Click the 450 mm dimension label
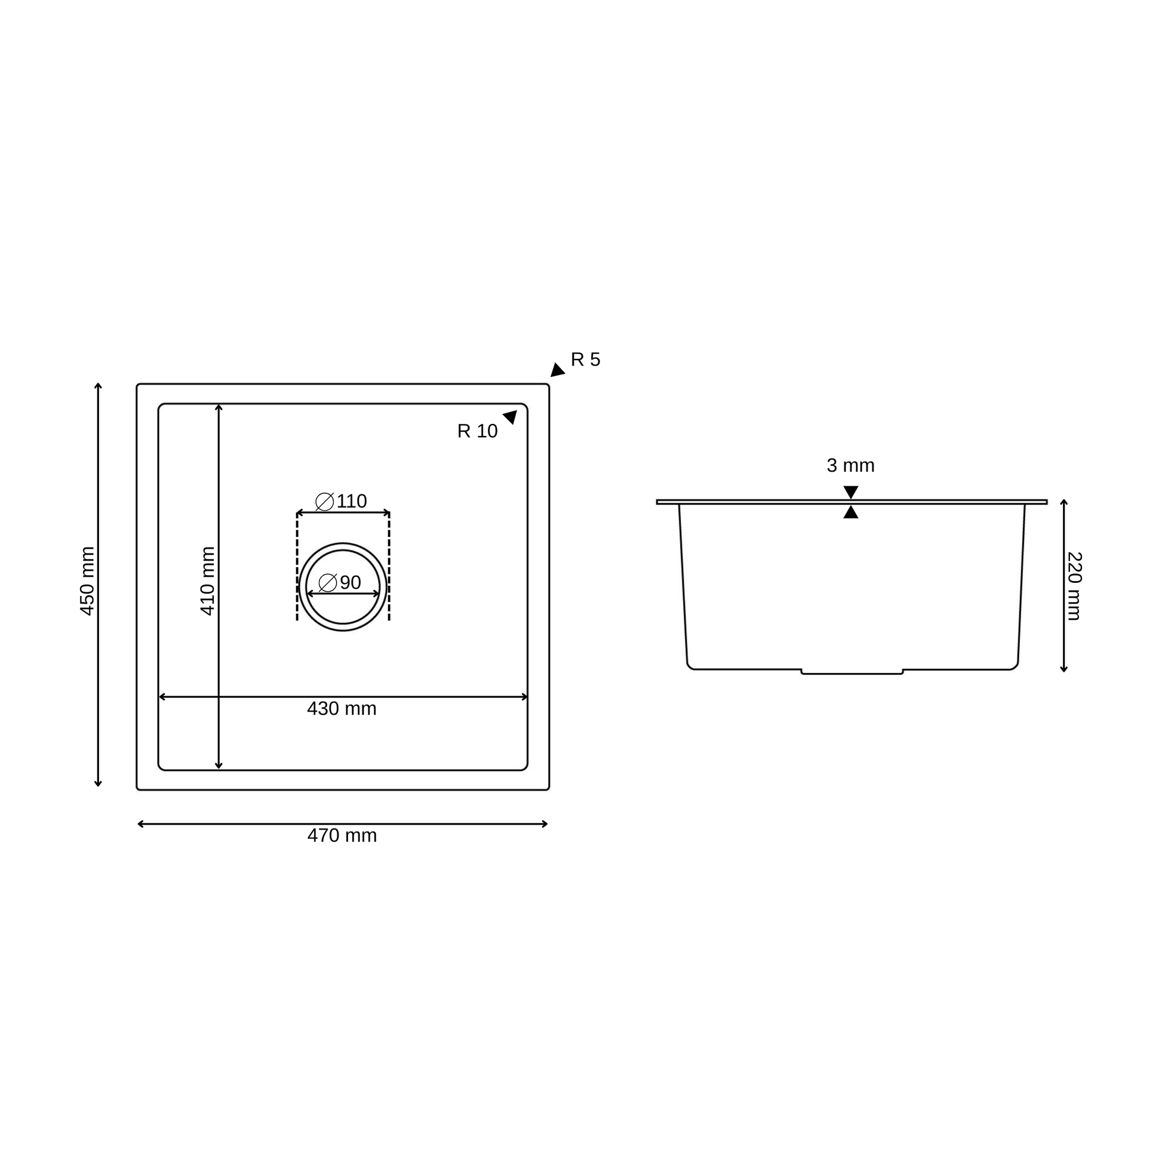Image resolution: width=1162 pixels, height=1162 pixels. [x=88, y=581]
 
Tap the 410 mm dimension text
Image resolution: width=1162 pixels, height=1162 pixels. [x=208, y=581]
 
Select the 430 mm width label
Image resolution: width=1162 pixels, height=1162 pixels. [x=342, y=709]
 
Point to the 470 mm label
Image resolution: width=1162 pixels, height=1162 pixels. [x=342, y=835]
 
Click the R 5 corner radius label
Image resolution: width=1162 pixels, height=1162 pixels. [x=585, y=359]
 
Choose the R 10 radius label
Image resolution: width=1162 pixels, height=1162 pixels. [x=478, y=431]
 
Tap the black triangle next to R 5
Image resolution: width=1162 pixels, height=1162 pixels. [x=557, y=370]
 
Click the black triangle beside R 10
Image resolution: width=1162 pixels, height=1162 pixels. [x=511, y=417]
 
